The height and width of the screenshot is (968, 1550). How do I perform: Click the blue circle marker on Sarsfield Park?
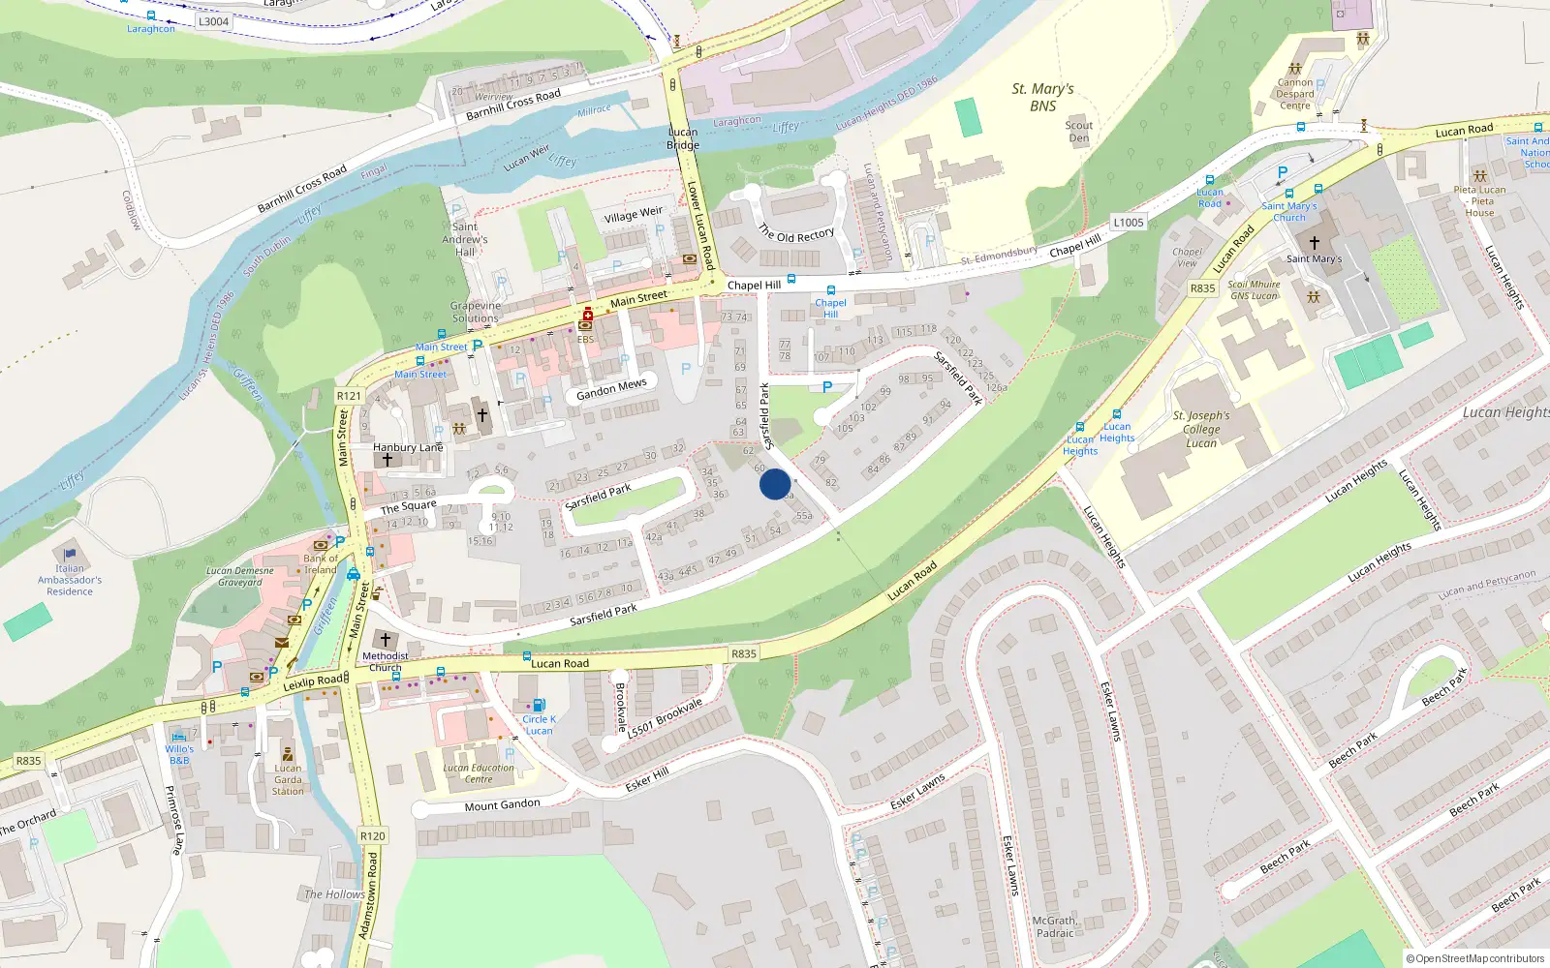point(775,484)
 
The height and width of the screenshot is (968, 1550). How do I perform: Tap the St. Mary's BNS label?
point(1042,98)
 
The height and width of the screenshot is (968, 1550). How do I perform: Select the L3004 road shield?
point(213,21)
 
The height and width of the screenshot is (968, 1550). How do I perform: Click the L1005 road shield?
point(1128,223)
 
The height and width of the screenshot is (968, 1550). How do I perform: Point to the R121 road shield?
point(349,396)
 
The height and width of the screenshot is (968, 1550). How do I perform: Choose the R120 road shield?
point(372,835)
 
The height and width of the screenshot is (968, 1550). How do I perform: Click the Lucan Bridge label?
point(683,138)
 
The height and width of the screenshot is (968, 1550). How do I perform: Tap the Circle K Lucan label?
point(539,725)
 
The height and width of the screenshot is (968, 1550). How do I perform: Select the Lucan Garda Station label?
point(288,779)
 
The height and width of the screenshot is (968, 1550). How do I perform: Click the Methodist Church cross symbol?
point(386,640)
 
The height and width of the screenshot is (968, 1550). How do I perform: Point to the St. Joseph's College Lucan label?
point(1201,429)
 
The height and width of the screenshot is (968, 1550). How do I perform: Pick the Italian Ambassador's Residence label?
point(70,580)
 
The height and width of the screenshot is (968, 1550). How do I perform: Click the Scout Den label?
point(1078,132)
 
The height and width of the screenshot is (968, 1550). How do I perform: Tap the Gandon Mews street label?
point(611,389)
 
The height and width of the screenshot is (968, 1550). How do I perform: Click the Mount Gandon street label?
point(502,805)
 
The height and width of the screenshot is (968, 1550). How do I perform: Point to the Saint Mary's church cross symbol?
point(1314,242)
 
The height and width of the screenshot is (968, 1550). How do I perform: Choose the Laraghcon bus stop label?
point(151,29)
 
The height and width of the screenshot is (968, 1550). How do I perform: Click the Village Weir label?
point(634,214)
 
